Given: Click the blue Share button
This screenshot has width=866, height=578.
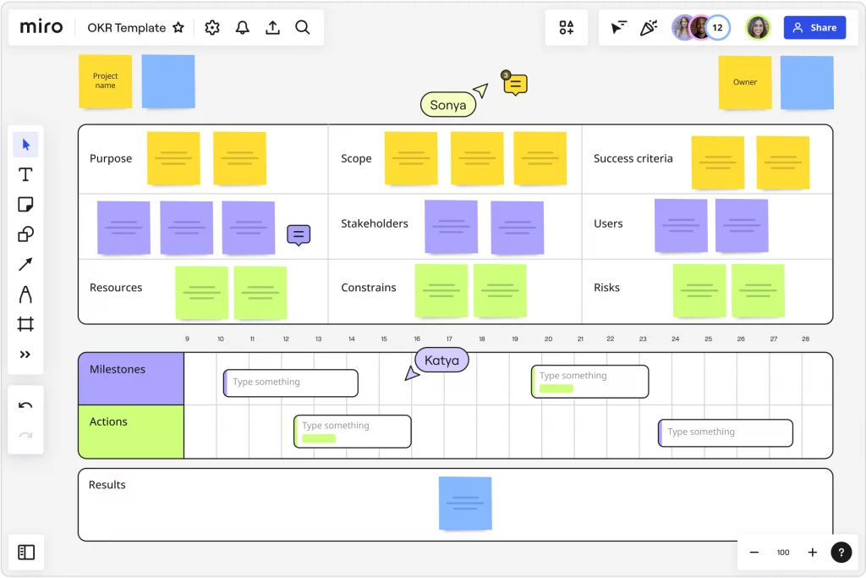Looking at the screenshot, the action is pos(814,28).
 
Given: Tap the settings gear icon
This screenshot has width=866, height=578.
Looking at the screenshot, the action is pos(212,28).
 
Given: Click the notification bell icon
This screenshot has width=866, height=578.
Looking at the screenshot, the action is pos(243,28).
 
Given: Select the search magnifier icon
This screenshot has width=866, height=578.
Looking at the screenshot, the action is pos(302,28).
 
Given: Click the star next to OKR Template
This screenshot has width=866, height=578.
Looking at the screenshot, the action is pos(178,28).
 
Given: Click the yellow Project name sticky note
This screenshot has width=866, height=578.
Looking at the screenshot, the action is pos(106,81).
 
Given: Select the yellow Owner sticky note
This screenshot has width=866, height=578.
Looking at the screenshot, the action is pos(745,82).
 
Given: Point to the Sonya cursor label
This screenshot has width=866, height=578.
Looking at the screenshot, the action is pos(448,105).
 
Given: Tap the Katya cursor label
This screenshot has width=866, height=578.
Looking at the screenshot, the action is pos(441,361).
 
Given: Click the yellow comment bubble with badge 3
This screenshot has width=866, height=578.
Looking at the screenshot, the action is pos(515,84).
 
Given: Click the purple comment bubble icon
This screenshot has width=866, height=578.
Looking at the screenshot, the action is pos(299,235).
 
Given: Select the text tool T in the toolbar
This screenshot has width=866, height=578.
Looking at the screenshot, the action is pos(25,174).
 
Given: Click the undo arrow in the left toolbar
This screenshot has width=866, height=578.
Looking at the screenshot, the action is pos(25,405).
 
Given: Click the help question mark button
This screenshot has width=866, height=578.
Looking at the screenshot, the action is pos(841,552).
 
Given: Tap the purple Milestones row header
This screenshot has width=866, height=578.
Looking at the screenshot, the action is pos(131,379).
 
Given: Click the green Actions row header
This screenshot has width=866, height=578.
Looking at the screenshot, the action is pos(131,432).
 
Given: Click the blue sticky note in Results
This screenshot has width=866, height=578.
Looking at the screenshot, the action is pos(465,504).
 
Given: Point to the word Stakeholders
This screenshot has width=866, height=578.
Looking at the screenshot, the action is pos(375,223).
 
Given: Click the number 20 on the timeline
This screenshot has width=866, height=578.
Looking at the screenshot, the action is pos(548,339).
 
